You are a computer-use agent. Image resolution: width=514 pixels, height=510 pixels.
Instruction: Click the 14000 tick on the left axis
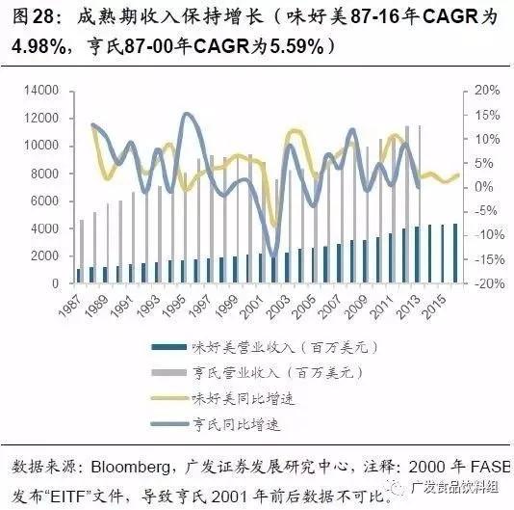[43, 91]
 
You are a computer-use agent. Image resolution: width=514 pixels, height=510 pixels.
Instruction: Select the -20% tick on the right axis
[485, 284]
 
